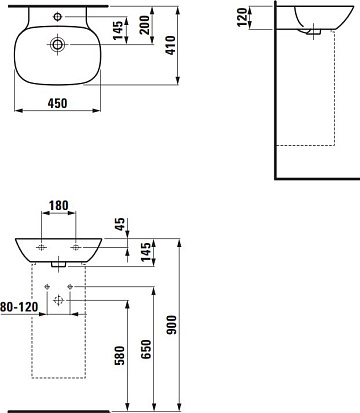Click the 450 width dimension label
57,103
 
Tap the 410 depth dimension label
171,45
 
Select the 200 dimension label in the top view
145,25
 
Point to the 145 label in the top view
118,31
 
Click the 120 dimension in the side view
243,17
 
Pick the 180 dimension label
59,206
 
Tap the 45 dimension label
121,224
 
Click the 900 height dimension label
172,325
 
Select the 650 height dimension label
146,349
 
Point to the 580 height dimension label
119,356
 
